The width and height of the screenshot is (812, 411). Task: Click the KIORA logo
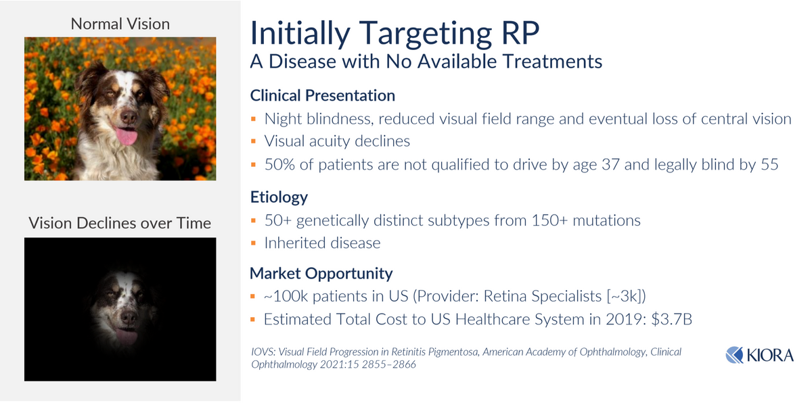pos(759,355)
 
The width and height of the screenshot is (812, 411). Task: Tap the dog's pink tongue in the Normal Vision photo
pos(127,136)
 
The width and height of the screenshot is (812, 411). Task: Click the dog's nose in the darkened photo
pos(128,317)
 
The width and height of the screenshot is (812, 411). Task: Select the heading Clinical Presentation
pos(322,95)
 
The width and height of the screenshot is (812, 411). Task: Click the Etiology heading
pos(279,197)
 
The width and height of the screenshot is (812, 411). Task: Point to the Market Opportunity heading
pos(321,273)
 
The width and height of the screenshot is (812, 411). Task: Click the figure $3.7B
pos(671,319)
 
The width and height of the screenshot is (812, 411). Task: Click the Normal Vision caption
pos(120,24)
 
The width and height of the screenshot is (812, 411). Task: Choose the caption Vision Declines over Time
pos(120,223)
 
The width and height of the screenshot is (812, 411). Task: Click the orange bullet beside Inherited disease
pos(253,243)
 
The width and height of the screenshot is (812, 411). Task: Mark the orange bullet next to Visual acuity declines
pos(253,141)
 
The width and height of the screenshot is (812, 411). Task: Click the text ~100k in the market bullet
pos(286,296)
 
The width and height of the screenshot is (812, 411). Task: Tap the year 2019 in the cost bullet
pos(623,319)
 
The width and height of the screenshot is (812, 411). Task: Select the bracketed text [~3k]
pos(624,296)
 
